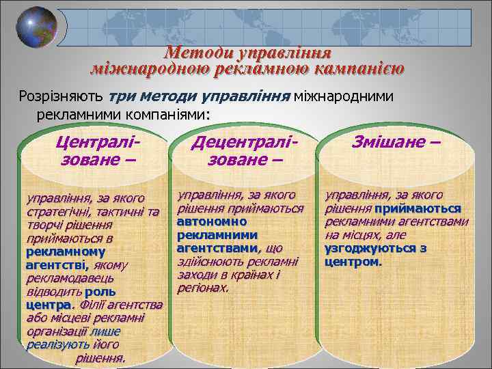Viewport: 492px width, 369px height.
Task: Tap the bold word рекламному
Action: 56,251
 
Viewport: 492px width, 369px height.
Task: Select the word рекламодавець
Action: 70,277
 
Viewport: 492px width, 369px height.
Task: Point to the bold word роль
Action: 100,290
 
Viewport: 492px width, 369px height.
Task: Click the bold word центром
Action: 353,261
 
